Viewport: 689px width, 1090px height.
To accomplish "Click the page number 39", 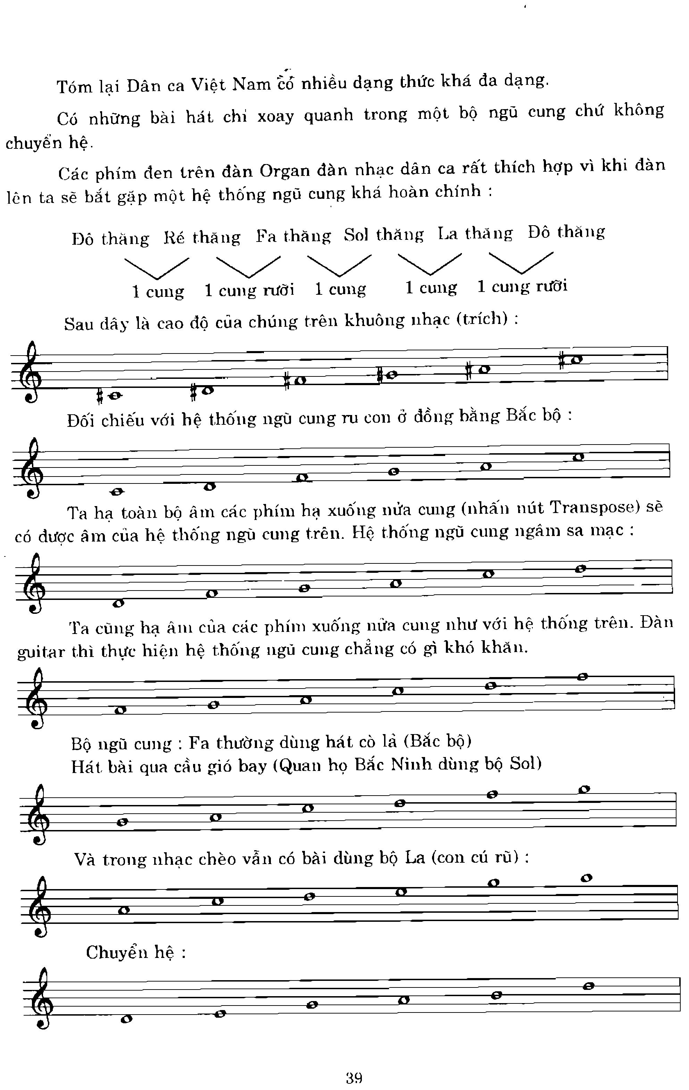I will [354, 1077].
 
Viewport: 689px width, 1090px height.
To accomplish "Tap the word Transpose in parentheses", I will [592, 507].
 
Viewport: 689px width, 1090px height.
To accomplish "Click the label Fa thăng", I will [293, 236].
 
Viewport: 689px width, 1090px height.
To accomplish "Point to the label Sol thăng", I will [384, 235].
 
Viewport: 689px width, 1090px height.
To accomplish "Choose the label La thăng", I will [475, 233].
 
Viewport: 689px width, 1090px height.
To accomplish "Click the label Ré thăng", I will [202, 237].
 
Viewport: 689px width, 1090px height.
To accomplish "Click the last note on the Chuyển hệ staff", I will [588, 986].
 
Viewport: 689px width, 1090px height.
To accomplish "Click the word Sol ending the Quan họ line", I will [525, 763].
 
